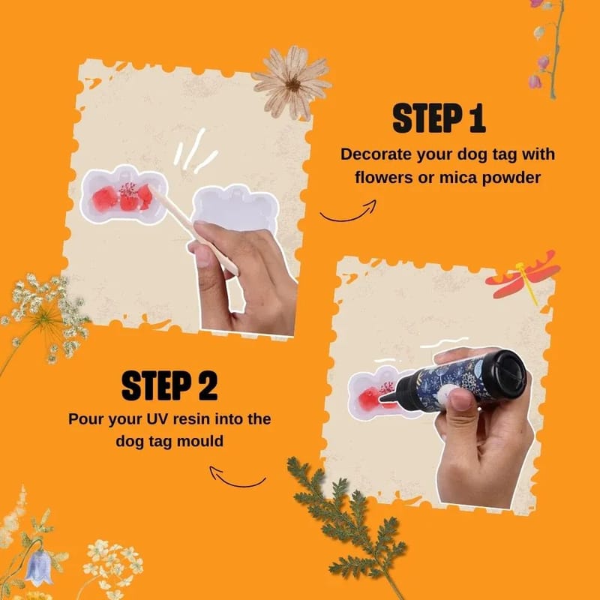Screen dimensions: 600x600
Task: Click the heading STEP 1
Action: coord(439,118)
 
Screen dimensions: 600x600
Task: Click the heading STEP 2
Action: coord(169,385)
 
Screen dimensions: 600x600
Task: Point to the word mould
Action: coord(200,441)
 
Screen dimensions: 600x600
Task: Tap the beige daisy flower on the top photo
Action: coord(292,82)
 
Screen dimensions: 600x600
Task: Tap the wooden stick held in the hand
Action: coord(193,229)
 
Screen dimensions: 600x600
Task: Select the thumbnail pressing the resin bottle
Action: coord(460,400)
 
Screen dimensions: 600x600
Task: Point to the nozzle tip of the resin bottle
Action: coord(382,399)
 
